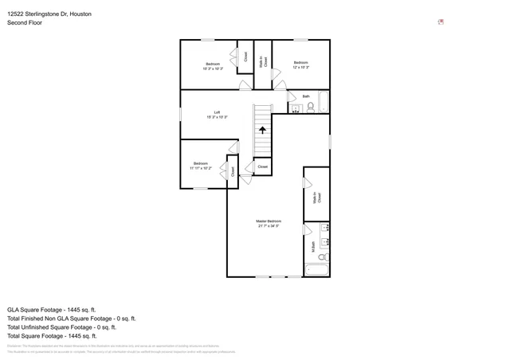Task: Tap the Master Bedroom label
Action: coord(269,223)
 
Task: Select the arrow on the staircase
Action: coord(262,130)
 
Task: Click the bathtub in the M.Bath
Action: coord(317,269)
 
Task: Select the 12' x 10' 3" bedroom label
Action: coord(300,65)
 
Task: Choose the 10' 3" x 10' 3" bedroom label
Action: coord(213,66)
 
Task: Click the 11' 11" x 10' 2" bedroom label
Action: coord(200,166)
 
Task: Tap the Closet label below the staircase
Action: coord(262,166)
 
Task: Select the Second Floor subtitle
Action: coord(25,23)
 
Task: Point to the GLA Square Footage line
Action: coord(51,309)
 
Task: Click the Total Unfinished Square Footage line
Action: coord(61,327)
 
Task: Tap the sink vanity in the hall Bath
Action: coord(293,107)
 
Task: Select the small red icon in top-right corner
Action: coord(441,22)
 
